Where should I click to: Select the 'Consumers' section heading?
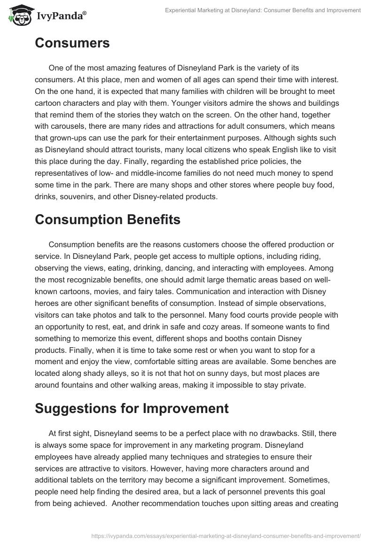[72, 43]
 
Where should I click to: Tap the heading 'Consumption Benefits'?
[108, 220]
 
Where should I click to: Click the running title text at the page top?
[263, 10]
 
